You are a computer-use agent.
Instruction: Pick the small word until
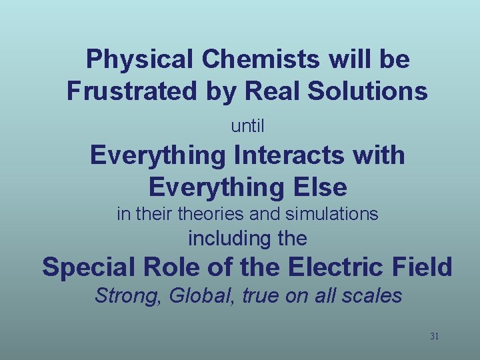tap(247, 125)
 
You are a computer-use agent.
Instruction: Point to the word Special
tap(86, 267)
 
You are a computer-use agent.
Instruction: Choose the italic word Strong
tap(129, 296)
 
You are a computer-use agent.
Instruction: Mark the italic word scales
tap(375, 296)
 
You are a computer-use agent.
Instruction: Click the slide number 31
tap(434, 336)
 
